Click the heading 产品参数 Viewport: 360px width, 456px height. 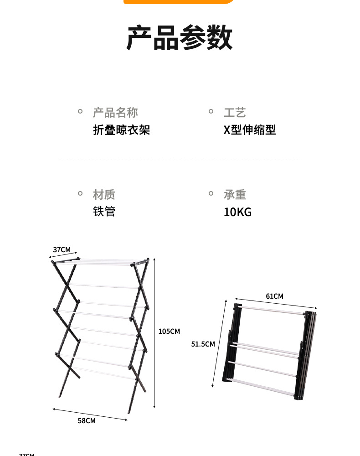coord(180,38)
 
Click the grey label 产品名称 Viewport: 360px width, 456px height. coord(115,113)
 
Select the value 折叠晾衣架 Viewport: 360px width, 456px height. coord(121,130)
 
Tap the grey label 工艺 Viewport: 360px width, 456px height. coord(235,113)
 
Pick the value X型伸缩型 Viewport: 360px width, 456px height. coord(249,130)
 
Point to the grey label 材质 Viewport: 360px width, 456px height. coord(104,195)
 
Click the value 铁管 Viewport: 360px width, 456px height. coord(104,212)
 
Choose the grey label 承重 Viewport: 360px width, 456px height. coord(235,195)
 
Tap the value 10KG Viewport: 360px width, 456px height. coord(237,212)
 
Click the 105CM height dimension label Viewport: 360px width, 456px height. coord(169,332)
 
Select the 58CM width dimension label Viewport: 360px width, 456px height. coord(87,421)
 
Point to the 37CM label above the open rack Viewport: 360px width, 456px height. coord(62,249)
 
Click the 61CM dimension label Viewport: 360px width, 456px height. coord(274,296)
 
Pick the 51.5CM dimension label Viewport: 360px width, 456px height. coord(203,344)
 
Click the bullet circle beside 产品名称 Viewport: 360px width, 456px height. coord(80,111)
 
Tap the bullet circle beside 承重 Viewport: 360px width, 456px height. coord(211,193)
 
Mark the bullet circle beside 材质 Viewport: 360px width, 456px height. coord(80,193)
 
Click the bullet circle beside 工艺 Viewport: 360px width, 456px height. coord(211,111)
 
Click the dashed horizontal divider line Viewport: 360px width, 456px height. coord(180,158)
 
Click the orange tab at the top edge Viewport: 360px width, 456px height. coord(180,1)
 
